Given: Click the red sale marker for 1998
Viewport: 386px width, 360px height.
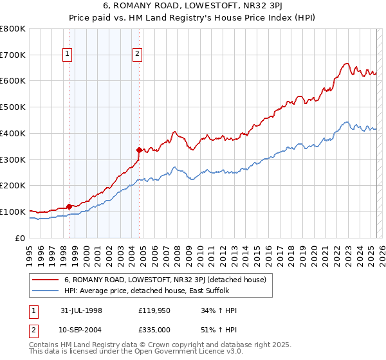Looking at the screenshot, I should pos(69,206).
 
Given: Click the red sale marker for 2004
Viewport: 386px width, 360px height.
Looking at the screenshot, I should pos(138,150).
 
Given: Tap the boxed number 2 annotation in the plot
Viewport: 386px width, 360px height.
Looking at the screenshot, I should pos(138,55).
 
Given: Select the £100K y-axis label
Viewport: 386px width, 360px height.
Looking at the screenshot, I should pos(13,212).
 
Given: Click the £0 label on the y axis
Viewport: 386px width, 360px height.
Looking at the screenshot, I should pos(21,238).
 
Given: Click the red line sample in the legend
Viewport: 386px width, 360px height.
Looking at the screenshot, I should pos(45,280).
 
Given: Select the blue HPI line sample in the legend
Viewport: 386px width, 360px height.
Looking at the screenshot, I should pos(45,291).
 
